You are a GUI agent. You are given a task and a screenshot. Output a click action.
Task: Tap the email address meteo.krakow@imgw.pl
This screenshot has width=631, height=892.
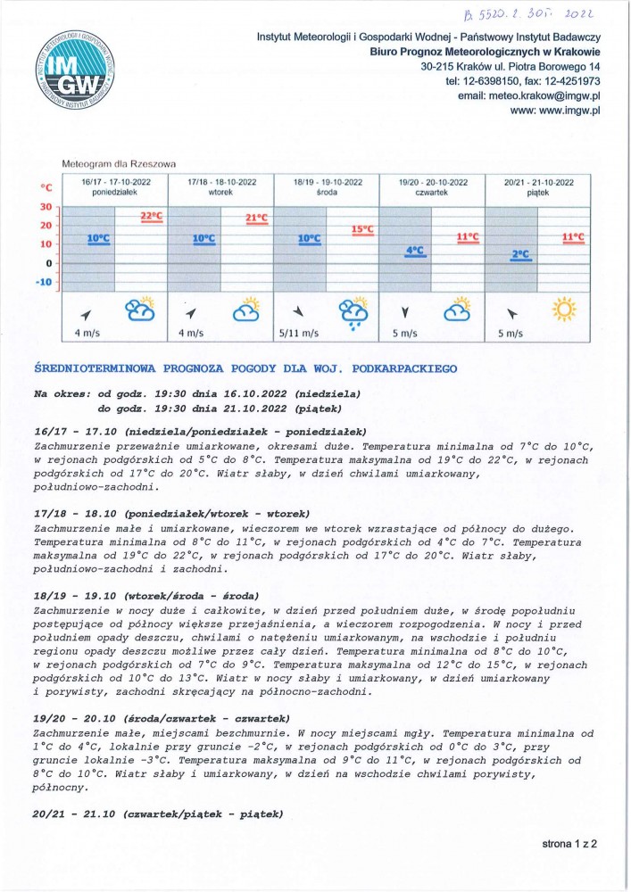click(528, 95)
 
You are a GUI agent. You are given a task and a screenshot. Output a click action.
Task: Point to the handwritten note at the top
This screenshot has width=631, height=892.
click(530, 12)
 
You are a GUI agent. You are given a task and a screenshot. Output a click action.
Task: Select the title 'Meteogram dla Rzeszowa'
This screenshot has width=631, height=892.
click(119, 164)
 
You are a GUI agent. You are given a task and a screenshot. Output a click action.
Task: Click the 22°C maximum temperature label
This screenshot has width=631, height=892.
click(152, 217)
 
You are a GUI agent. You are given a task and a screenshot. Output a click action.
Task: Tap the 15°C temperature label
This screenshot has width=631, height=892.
click(361, 229)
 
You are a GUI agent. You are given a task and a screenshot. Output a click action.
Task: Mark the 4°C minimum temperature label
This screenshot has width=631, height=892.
click(414, 251)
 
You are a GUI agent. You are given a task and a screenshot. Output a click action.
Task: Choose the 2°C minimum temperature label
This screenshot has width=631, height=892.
click(519, 254)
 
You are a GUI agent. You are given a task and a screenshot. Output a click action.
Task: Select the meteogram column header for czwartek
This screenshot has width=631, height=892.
click(432, 186)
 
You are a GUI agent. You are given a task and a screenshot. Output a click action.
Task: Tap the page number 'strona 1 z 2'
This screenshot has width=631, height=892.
click(569, 842)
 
